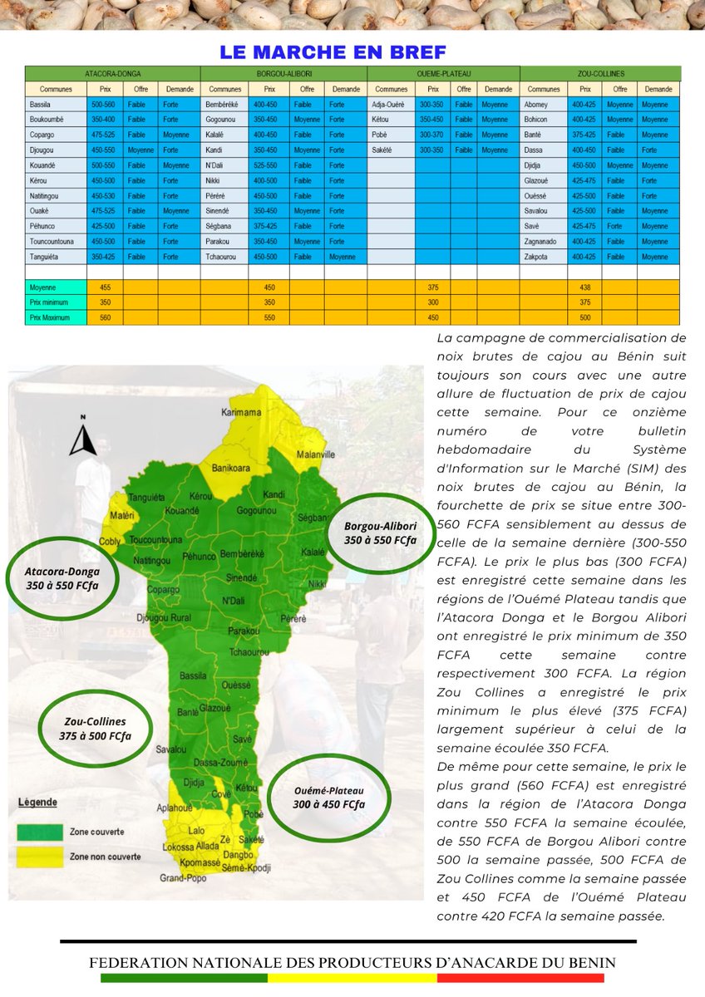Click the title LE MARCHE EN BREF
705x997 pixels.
[x=333, y=52]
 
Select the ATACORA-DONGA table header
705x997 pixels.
[x=113, y=74]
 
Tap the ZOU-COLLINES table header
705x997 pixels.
[x=599, y=74]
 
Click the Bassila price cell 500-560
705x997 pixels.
[x=105, y=105]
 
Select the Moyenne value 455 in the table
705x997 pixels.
[x=105, y=287]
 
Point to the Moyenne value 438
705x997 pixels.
[x=584, y=287]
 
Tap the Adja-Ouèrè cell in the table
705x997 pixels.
[x=388, y=105]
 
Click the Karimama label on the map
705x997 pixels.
[x=241, y=413]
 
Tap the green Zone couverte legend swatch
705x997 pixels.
[x=40, y=831]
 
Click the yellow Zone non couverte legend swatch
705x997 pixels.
[x=40, y=856]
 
